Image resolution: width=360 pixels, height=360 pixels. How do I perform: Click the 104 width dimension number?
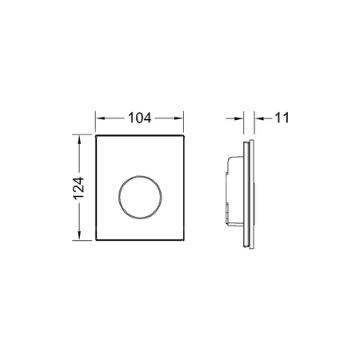139,118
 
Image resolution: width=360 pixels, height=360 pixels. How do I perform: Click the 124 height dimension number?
78,188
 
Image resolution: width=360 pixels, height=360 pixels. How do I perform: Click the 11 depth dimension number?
282,118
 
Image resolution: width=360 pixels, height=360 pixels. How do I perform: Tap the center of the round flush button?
140,197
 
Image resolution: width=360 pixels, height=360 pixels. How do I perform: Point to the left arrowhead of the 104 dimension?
100,118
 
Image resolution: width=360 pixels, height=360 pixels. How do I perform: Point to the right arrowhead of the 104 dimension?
179,118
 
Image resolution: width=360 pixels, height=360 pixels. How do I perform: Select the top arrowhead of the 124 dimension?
79,140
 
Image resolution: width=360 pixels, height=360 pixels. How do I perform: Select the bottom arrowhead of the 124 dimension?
79,235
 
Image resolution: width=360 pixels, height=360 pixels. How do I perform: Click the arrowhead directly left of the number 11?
259,118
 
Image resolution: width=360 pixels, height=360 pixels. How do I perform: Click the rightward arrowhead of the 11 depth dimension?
239,118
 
